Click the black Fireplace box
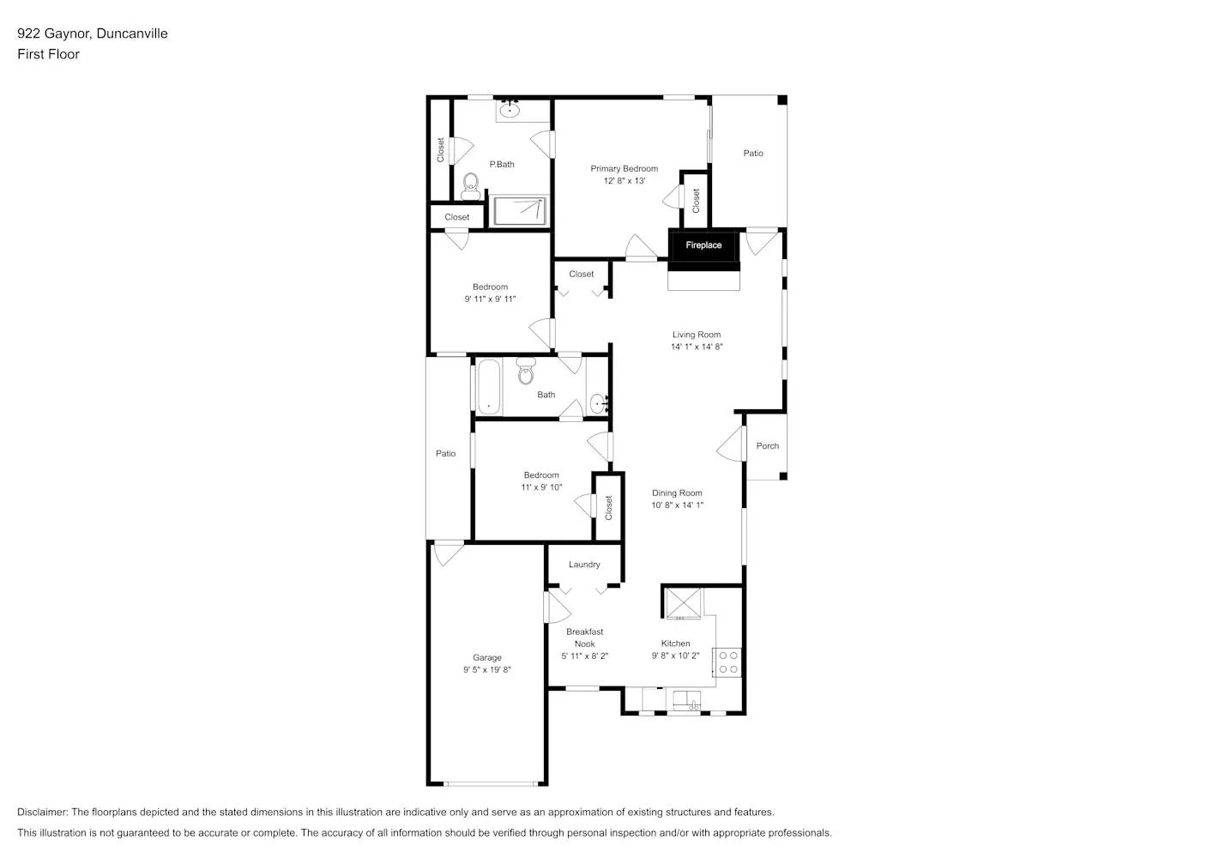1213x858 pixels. click(x=703, y=245)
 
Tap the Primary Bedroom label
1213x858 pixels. click(x=624, y=169)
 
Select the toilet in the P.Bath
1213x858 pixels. click(x=470, y=185)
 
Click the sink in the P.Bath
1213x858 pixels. click(x=510, y=109)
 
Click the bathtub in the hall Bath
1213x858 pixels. click(x=488, y=386)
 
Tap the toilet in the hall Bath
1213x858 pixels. click(x=526, y=373)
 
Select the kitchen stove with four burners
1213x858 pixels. click(x=728, y=662)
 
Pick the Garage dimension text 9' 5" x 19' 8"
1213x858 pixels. click(x=487, y=670)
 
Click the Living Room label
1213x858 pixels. click(x=696, y=335)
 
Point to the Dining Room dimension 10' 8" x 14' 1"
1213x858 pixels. click(x=677, y=505)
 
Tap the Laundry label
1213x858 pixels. click(x=584, y=565)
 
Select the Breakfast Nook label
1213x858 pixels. click(x=584, y=637)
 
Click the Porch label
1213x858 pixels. click(x=767, y=446)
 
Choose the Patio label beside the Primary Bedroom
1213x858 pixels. click(x=753, y=154)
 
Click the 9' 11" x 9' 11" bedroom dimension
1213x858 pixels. click(x=490, y=299)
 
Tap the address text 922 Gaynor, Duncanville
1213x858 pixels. click(x=93, y=33)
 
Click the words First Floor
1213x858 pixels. click(x=48, y=54)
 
